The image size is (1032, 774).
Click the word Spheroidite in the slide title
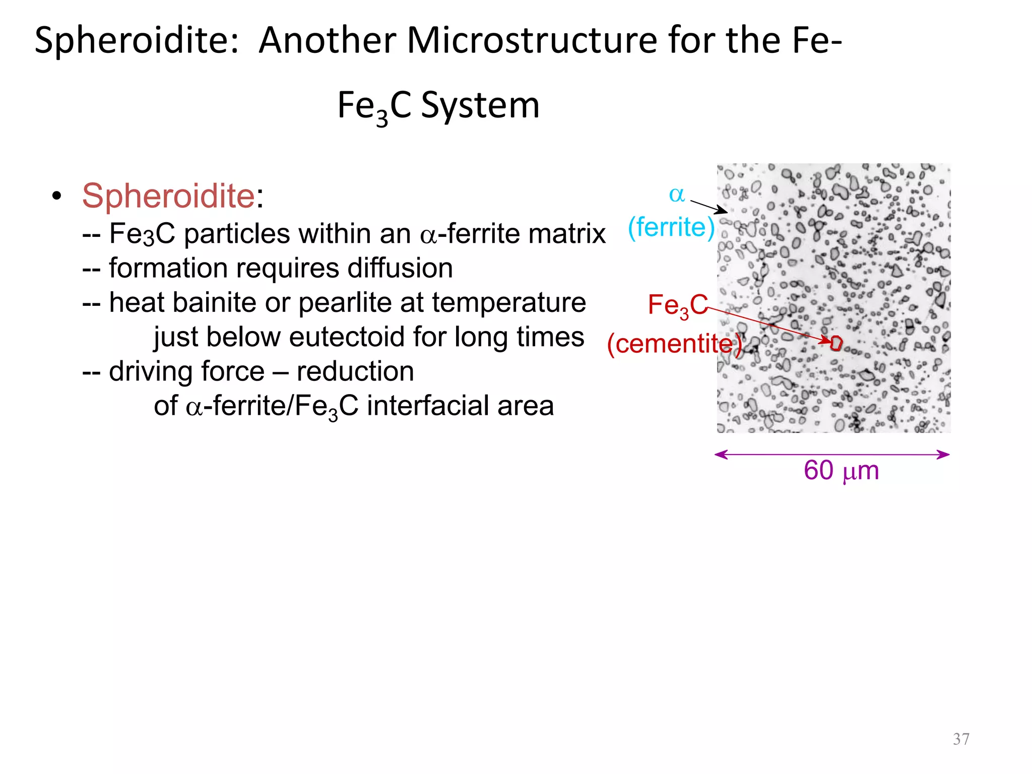[136, 40]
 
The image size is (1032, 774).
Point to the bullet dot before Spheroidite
[57, 196]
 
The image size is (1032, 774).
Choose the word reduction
[355, 371]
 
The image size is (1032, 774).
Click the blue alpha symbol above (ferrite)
[677, 194]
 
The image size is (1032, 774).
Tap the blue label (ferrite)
[671, 227]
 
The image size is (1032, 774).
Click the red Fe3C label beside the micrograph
[677, 305]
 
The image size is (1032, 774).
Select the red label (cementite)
[674, 344]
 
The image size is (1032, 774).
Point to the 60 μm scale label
[841, 471]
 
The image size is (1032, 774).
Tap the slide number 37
[961, 739]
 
